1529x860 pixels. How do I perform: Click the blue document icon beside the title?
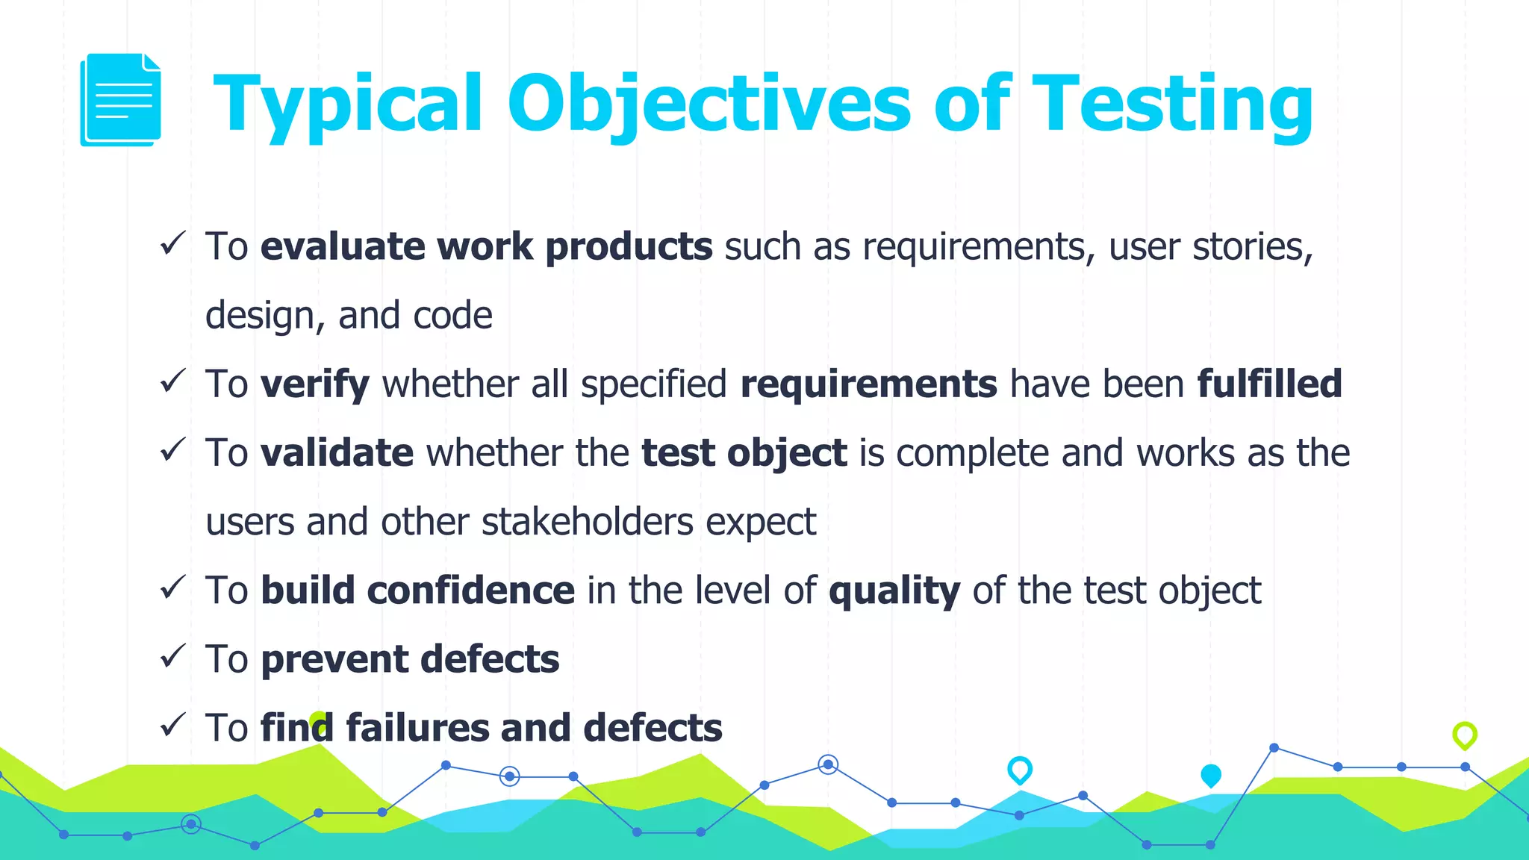[x=120, y=100]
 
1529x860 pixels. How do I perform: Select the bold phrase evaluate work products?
[x=486, y=247]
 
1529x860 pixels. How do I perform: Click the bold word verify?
[x=314, y=384]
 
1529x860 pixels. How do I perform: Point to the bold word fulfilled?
[x=1269, y=384]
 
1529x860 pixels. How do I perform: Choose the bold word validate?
[x=337, y=453]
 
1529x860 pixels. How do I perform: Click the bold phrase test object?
[x=744, y=453]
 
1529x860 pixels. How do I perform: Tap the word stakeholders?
[x=588, y=522]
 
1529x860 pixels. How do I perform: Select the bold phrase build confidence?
[x=417, y=591]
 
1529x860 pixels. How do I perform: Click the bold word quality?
[x=894, y=591]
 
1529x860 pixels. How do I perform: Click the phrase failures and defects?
[x=534, y=728]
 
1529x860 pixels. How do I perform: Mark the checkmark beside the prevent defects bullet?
[x=172, y=656]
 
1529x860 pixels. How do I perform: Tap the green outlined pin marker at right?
[x=1464, y=735]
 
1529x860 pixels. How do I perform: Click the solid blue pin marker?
[x=1210, y=775]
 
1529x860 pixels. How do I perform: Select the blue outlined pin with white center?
[x=1019, y=769]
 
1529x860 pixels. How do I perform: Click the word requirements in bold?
[x=868, y=384]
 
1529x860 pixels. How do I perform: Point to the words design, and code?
[x=349, y=316]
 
